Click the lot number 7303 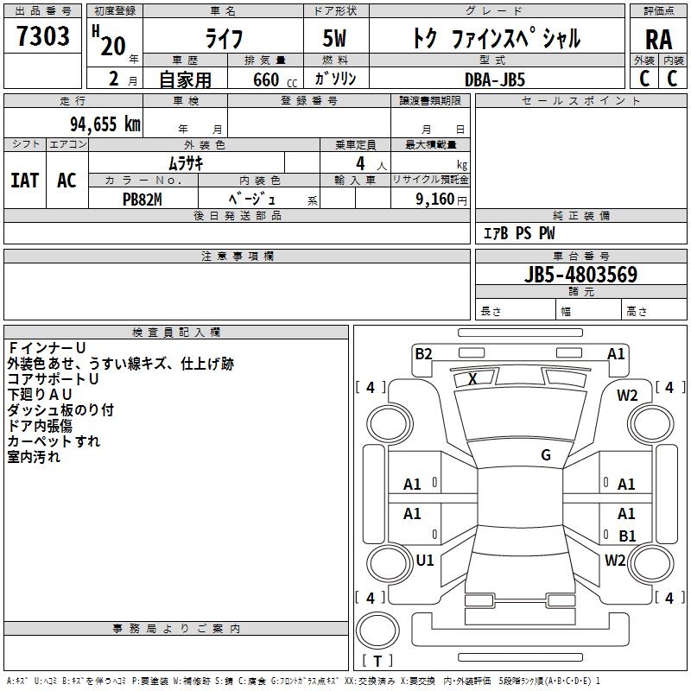pos(43,36)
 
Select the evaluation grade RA pos(658,40)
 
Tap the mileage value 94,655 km pos(105,124)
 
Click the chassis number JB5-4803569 pos(580,275)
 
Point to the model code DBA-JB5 pos(495,79)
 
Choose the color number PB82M pos(143,200)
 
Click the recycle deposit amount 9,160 pos(434,200)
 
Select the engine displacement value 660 pos(266,79)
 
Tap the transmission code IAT pos(25,181)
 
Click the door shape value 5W pos(334,38)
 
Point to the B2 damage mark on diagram pos(423,354)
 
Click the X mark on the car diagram pos(472,379)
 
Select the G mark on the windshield pos(546,455)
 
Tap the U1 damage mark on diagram pos(425,560)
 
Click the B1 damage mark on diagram pos(627,536)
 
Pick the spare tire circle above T pos(377,631)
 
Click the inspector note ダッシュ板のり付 pos(60,410)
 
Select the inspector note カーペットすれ pos(54,441)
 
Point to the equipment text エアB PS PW pos(519,233)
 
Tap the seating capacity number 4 pos(360,163)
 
